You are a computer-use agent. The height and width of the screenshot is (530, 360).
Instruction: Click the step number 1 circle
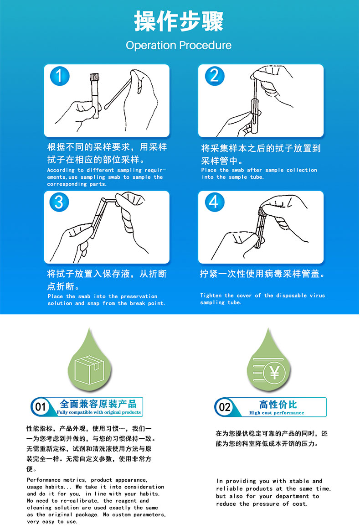[x=60, y=76]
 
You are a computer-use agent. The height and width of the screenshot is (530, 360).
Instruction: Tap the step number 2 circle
[x=215, y=76]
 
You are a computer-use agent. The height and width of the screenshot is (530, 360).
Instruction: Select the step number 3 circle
[x=59, y=202]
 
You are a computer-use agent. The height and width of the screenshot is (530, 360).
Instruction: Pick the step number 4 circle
[x=215, y=202]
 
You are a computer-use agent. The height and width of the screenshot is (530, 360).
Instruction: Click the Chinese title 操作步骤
[x=179, y=21]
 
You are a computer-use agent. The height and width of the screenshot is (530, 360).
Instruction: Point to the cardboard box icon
[x=89, y=369]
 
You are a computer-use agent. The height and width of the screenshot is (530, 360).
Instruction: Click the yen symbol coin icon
[x=275, y=373]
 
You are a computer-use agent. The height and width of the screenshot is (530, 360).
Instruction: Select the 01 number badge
[x=40, y=407]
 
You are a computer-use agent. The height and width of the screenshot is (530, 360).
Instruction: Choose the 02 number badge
[x=224, y=407]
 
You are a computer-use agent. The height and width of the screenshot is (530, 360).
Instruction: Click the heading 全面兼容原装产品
[x=98, y=404]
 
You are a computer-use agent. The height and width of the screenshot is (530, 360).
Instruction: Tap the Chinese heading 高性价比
[x=278, y=404]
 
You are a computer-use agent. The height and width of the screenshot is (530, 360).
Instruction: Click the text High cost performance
[x=277, y=413]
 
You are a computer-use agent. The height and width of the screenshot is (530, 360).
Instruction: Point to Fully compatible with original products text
[x=98, y=412]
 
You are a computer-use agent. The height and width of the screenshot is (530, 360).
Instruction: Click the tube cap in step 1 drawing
[x=94, y=78]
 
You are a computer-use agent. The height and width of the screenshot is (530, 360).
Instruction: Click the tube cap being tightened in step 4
[x=262, y=211]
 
